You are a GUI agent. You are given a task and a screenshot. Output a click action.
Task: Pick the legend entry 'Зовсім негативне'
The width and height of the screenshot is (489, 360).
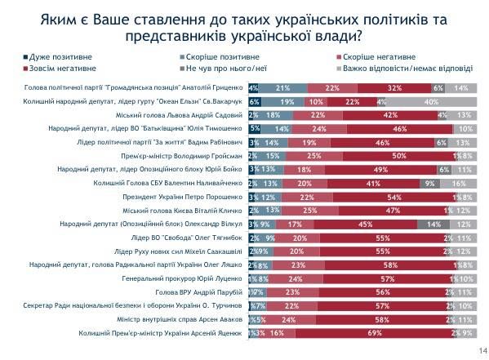[54, 70]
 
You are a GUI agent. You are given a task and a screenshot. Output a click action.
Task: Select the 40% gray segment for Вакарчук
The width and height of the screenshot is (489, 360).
[429, 102]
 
